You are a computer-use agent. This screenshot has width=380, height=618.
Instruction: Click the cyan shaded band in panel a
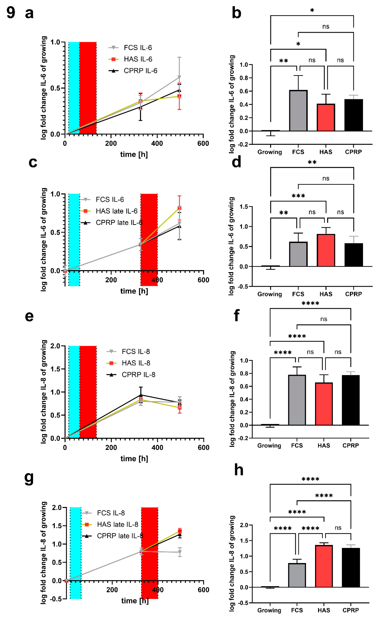74,88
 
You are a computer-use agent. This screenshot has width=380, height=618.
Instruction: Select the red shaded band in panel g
150,552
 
